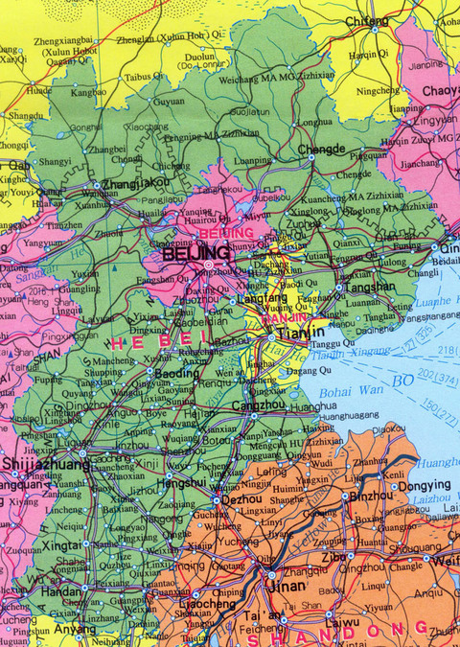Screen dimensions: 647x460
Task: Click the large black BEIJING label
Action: point(195,253)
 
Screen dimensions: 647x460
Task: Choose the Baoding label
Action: point(150,373)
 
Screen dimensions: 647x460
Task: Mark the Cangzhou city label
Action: point(260,404)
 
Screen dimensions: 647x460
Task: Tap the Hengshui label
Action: point(183,483)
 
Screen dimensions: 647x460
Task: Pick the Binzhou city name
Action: point(369,497)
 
